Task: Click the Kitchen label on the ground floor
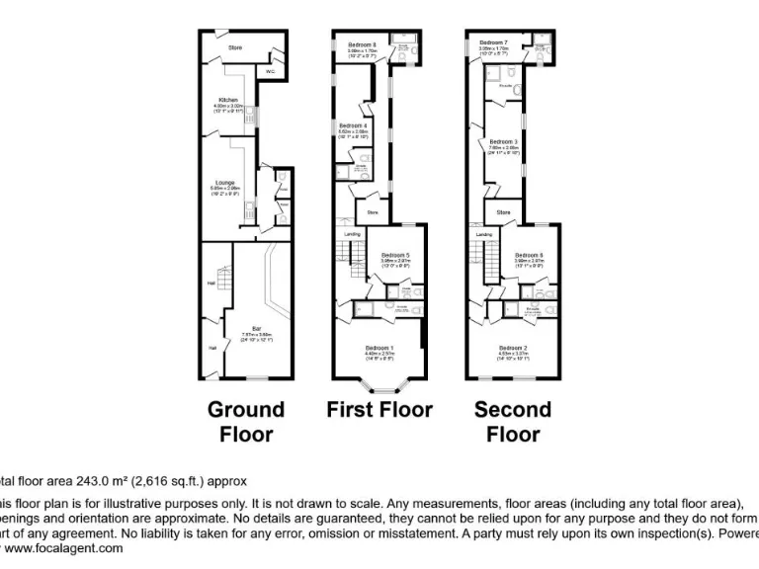tap(229, 101)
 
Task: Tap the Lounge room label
tap(225, 182)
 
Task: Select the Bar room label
tap(256, 327)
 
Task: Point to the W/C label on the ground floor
tap(270, 71)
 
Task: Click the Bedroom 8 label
tap(363, 44)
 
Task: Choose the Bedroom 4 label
tap(353, 126)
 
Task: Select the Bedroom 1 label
tap(379, 348)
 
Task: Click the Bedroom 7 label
tap(493, 42)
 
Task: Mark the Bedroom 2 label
tap(513, 348)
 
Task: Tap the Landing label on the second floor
tap(484, 234)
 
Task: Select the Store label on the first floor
tap(374, 212)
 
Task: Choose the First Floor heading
tap(379, 409)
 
